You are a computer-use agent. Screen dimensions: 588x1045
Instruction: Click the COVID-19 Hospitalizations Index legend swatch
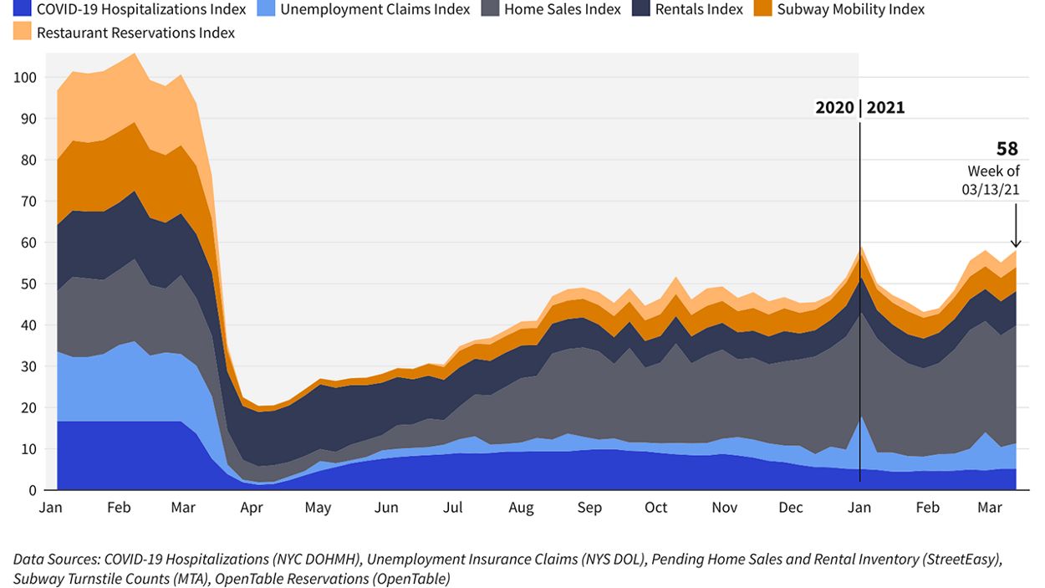click(23, 10)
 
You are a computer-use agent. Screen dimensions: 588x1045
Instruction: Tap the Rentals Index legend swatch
click(640, 10)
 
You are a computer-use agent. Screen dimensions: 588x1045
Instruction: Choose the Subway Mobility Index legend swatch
click(762, 10)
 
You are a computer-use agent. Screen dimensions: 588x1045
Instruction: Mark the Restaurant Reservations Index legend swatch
click(23, 33)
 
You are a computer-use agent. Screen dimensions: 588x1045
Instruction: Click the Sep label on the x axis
click(589, 508)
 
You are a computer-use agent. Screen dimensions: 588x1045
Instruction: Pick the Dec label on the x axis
click(790, 508)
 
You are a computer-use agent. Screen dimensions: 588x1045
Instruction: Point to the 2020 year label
click(835, 108)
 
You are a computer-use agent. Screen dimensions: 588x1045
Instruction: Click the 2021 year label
click(885, 108)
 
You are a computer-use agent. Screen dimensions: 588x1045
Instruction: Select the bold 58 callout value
click(1007, 149)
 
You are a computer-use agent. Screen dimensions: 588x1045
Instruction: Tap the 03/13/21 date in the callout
click(991, 189)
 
